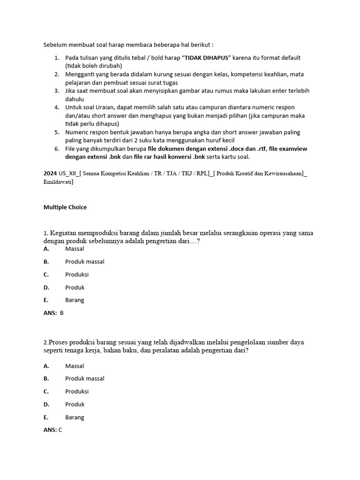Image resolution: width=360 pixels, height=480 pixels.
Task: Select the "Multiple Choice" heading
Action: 65,207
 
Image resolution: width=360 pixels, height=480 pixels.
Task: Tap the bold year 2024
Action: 50,173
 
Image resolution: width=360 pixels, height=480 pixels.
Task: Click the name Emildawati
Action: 58,181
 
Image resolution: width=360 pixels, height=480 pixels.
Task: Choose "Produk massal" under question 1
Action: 85,262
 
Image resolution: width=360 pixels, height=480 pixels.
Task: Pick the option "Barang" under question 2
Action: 75,417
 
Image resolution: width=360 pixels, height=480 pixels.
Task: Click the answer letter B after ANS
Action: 61,313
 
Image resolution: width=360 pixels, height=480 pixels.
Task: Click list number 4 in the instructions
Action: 56,107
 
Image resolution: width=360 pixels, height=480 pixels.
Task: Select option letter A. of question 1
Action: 46,249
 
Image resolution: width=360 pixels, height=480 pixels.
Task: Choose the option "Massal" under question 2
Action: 75,366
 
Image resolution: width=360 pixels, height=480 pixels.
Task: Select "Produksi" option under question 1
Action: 77,274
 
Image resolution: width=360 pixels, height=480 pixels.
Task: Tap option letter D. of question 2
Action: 46,404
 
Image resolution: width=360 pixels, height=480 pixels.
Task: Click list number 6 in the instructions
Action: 56,149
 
